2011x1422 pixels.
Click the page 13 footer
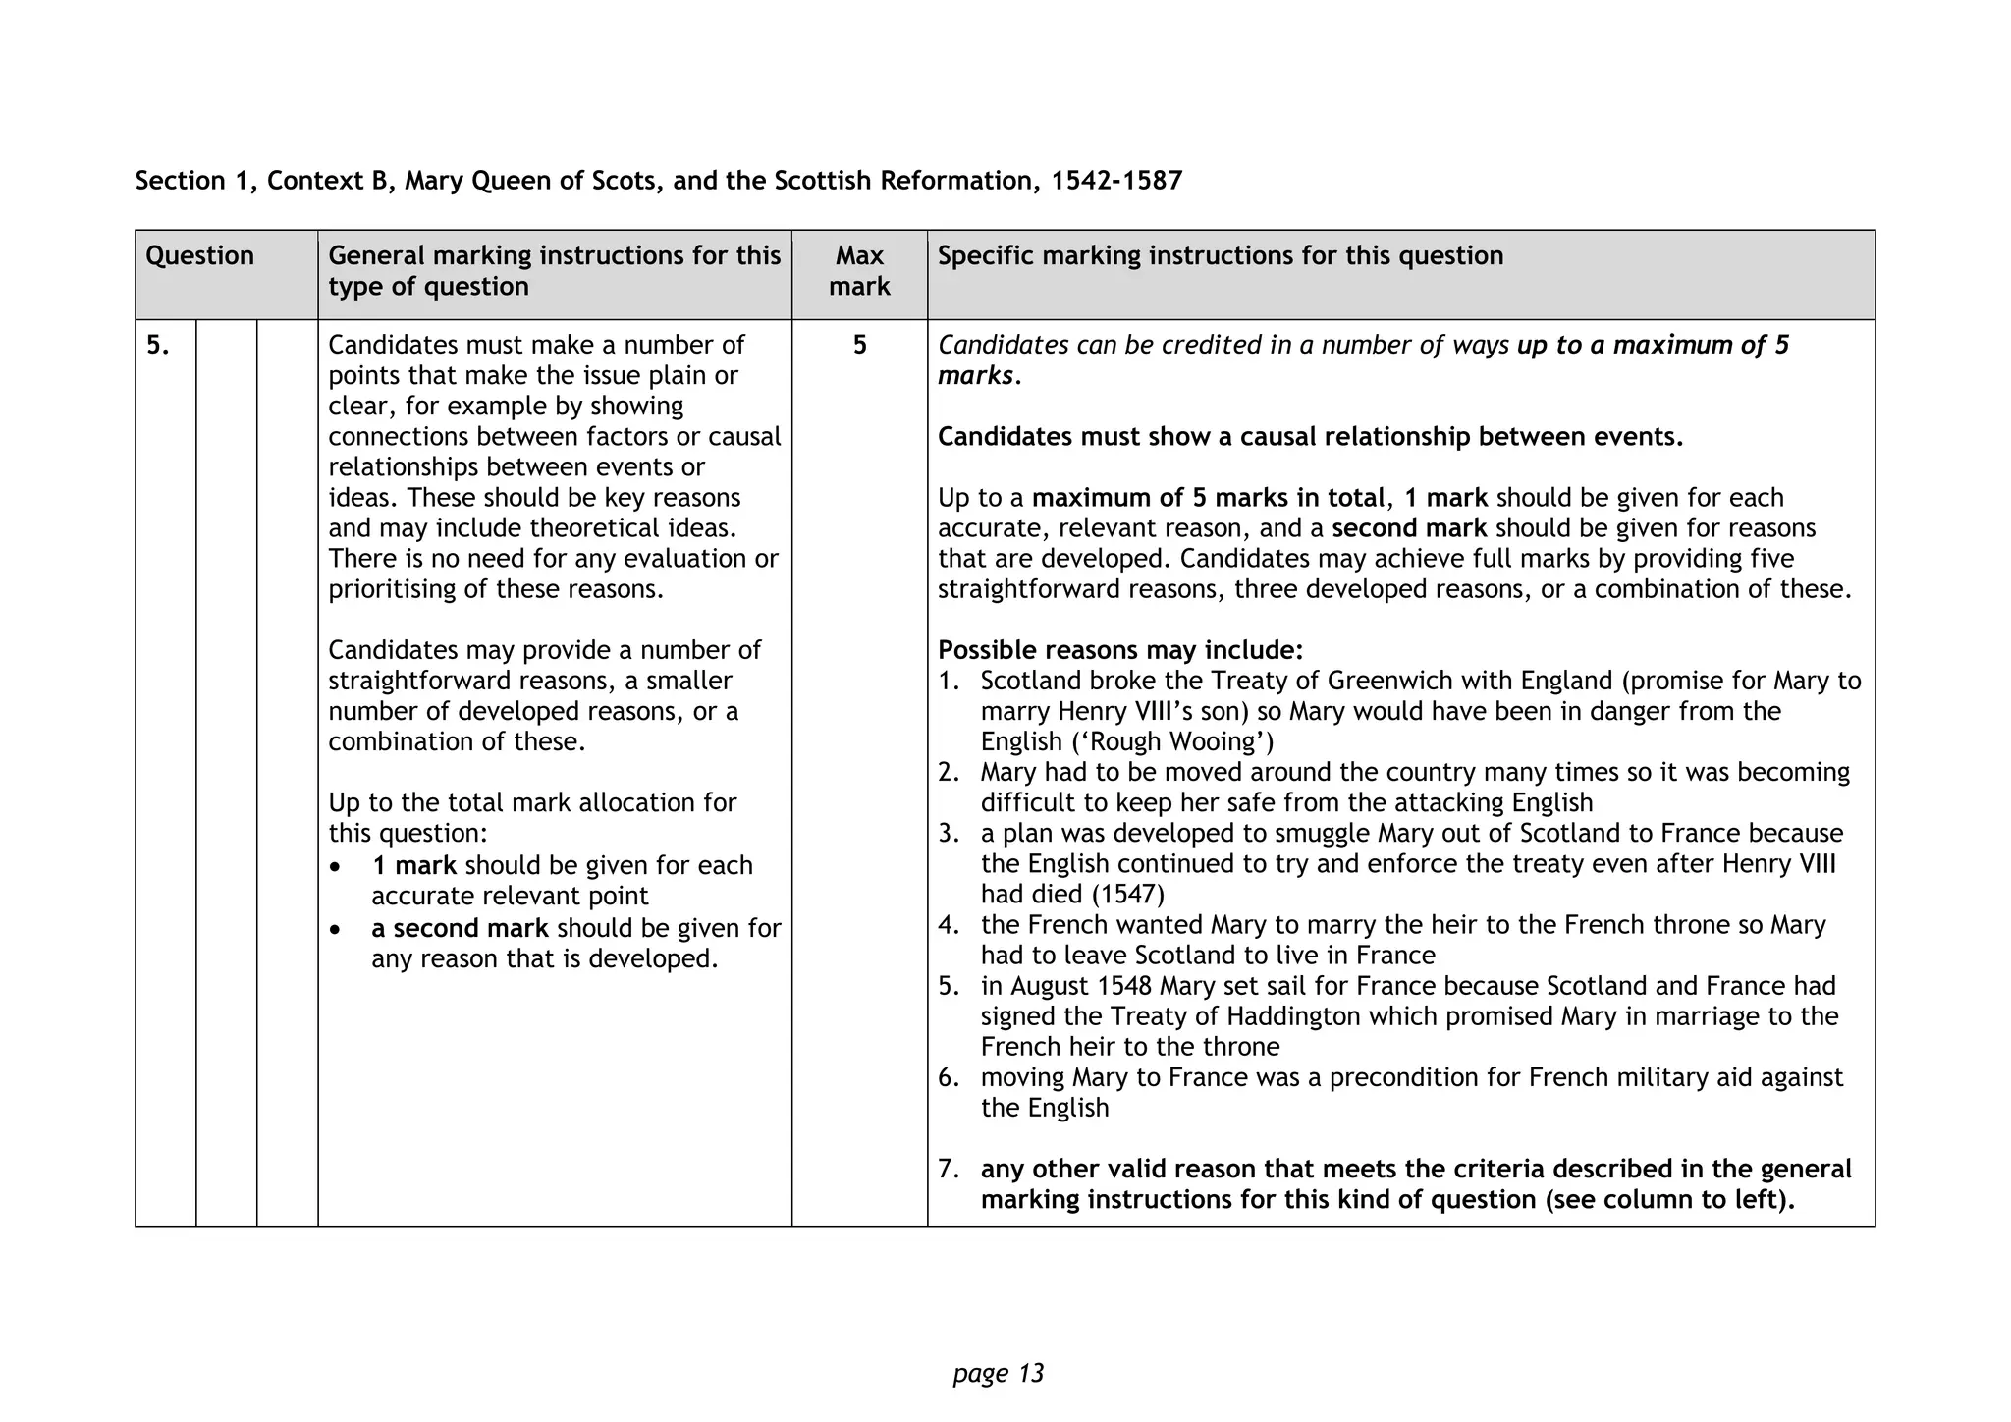point(998,1373)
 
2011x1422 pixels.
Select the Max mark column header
point(859,271)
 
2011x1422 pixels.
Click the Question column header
point(199,256)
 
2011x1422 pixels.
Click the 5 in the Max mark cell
point(859,345)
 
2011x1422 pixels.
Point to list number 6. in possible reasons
point(948,1077)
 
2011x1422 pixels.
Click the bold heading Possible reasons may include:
point(1120,650)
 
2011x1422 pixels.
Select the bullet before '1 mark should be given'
point(337,867)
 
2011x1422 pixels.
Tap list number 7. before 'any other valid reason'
point(948,1169)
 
